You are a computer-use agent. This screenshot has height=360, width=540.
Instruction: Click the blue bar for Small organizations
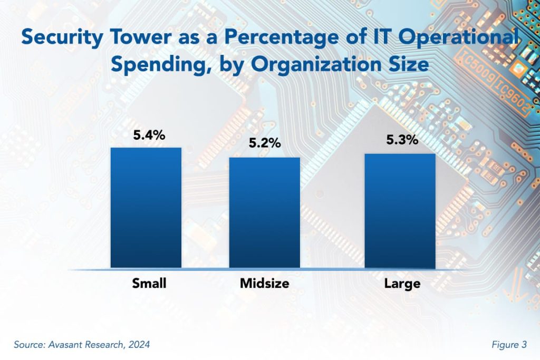coord(146,208)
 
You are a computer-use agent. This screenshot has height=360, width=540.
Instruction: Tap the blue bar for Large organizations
coord(400,211)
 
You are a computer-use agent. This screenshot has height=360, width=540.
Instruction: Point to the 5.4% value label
coord(149,135)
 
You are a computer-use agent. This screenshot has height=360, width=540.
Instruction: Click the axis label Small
coord(149,284)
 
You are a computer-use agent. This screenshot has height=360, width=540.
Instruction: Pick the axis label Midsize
coord(264,284)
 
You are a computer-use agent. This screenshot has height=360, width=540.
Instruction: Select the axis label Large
coord(402,284)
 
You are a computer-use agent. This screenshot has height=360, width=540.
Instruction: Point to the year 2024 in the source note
coord(138,345)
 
